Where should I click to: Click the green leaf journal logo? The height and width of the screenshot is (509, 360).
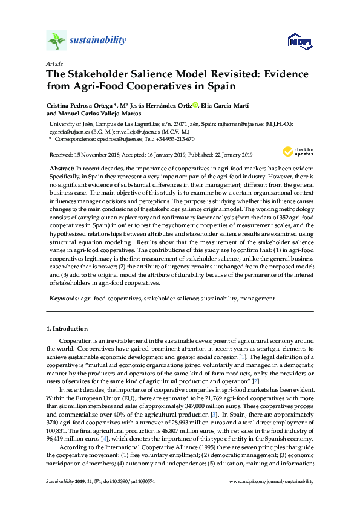(56, 41)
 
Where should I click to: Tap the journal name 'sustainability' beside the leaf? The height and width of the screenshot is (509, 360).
(97, 41)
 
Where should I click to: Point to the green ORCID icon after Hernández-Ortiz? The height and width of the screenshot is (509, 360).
(195, 105)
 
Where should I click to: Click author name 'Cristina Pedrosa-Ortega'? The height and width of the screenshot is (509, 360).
(76, 105)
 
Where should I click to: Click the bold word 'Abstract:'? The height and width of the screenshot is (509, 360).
(61, 166)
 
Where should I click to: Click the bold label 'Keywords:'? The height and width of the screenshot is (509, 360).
(64, 298)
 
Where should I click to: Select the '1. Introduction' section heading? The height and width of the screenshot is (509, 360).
(67, 329)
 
